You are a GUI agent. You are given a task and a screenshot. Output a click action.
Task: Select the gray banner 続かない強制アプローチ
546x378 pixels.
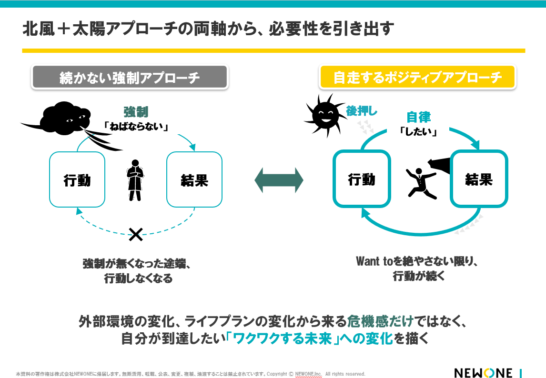point(130,78)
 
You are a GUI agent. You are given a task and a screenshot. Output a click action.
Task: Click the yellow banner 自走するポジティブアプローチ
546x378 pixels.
point(417,78)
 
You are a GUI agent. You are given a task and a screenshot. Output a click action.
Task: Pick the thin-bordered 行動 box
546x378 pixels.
point(77,179)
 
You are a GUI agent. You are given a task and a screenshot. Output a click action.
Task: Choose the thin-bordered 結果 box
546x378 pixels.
point(194,179)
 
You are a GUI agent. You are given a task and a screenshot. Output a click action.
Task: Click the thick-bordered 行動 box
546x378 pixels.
point(362,179)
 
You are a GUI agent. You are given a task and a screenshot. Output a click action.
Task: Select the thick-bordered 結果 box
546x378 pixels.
point(479,179)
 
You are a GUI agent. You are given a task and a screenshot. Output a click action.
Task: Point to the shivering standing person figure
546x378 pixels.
point(135,180)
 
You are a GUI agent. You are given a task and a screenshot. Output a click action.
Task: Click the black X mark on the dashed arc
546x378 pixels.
point(136,234)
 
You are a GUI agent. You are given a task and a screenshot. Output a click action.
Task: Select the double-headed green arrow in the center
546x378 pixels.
point(279,180)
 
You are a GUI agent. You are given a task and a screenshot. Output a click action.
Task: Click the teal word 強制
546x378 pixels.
point(136,112)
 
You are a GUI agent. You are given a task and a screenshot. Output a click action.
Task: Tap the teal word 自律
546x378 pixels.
point(418,117)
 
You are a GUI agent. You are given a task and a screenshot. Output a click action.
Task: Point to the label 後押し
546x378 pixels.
point(362,111)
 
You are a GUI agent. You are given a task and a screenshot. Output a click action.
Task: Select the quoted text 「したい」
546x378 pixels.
point(418,131)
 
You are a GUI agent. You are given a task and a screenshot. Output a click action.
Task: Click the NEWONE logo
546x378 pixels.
point(483,373)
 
